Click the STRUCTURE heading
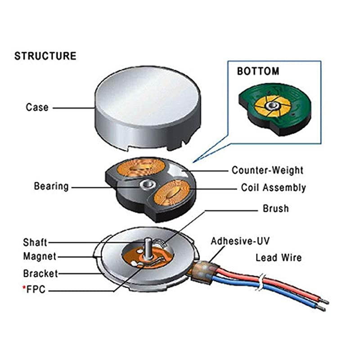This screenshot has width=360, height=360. point(45,56)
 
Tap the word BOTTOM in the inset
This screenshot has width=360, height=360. point(258,71)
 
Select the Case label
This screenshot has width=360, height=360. point(37,108)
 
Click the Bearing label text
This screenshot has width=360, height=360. point(51,186)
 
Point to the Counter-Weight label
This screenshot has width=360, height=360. point(267,170)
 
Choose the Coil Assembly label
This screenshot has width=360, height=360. point(273,187)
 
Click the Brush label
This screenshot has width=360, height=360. point(275,209)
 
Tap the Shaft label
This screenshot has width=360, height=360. point(35,243)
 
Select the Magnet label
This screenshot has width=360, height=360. point(40,256)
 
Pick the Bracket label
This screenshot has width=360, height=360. point(40,274)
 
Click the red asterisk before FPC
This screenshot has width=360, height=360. point(24,288)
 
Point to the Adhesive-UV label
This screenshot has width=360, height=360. point(240,241)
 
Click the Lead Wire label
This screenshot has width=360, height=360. point(278,258)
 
